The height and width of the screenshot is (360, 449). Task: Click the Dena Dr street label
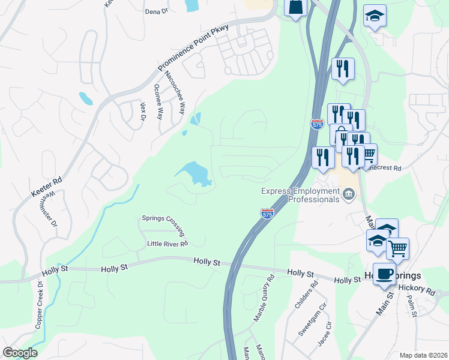156,11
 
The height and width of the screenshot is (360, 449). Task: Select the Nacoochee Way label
175,93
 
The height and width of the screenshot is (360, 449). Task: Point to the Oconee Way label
158,101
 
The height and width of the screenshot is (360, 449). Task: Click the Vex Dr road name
143,112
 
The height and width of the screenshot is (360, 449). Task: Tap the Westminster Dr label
52,208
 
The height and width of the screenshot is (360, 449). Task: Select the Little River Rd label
167,244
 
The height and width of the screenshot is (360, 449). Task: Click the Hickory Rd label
422,290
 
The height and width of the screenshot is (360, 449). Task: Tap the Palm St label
411,310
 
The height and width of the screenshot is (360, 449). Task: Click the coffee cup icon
384,273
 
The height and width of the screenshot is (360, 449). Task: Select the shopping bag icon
296,7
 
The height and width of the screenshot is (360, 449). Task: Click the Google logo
20,353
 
